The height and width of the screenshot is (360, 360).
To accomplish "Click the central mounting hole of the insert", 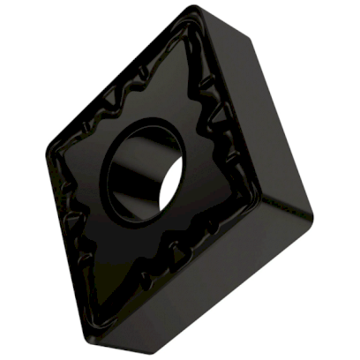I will coord(145,169).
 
